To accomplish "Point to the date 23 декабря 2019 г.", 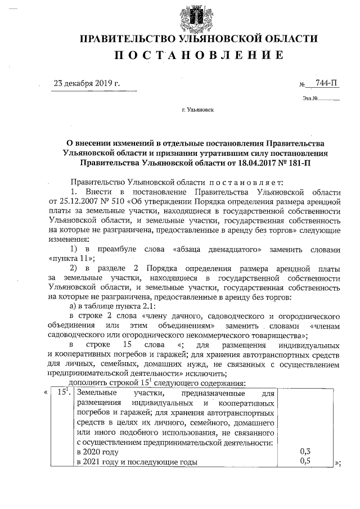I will (87, 84).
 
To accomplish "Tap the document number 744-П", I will (327, 84).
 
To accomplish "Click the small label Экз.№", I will (310, 98).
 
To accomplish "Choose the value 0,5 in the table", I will (306, 461).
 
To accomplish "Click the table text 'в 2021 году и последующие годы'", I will (137, 462).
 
